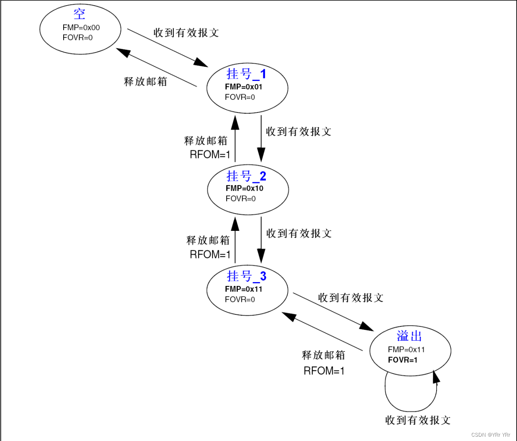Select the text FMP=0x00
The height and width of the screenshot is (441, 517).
[x=81, y=28]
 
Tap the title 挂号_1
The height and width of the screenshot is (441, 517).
[x=246, y=74]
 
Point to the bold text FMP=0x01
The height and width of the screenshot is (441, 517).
[x=243, y=87]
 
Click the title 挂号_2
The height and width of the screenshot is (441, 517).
[x=246, y=176]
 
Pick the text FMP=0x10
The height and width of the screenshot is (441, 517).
[x=244, y=188]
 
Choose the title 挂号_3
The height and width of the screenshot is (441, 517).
[x=246, y=276]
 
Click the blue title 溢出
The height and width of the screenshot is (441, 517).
[x=409, y=336]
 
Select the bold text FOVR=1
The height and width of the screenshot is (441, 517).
[x=403, y=360]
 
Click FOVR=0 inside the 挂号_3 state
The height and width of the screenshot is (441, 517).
[x=240, y=299]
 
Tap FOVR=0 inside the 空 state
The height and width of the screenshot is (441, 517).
[x=77, y=37]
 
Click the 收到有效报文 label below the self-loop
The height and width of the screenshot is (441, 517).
[x=418, y=420]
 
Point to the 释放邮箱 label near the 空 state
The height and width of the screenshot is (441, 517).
[x=145, y=82]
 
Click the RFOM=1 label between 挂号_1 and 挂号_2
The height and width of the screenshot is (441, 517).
[x=211, y=155]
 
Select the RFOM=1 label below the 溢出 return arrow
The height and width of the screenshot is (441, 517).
[x=324, y=370]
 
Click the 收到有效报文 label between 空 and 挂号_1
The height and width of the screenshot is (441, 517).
[x=186, y=33]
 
